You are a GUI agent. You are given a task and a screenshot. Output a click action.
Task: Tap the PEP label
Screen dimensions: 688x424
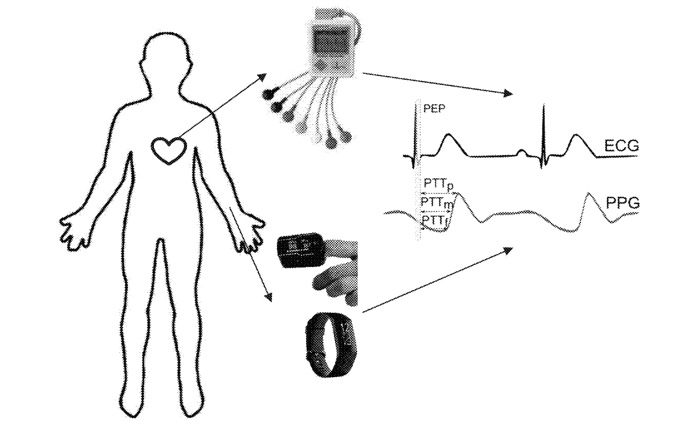pyautogui.click(x=434, y=109)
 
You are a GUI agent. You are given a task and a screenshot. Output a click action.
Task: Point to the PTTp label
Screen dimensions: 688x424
pyautogui.click(x=439, y=185)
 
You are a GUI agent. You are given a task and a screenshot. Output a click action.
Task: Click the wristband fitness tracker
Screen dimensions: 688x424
pyautogui.click(x=307, y=345)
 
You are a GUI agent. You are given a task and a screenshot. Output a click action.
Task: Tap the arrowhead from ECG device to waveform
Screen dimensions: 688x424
pyautogui.click(x=509, y=93)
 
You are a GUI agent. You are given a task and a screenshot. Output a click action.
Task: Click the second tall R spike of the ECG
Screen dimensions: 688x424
pyautogui.click(x=544, y=136)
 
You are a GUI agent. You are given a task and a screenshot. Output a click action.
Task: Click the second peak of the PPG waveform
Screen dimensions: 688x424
pyautogui.click(x=589, y=194)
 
